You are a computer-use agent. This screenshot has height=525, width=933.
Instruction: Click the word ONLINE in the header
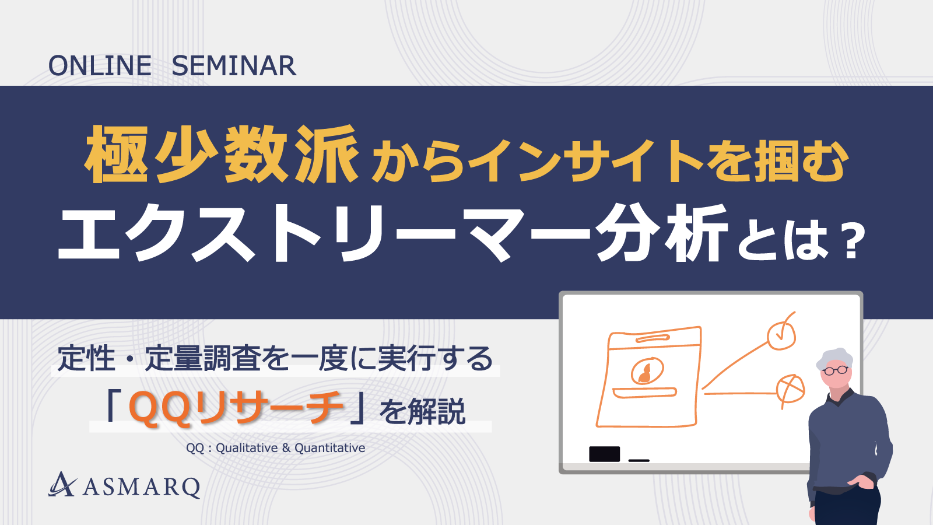coord(100,66)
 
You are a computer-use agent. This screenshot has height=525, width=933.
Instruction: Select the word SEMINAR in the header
coord(234,66)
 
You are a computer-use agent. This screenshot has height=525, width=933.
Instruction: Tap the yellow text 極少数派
coord(222,155)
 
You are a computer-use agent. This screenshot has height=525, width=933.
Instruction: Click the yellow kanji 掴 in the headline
coord(775,161)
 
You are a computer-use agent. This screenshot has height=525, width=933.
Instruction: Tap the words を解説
coord(423,412)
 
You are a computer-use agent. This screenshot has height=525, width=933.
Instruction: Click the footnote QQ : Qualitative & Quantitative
coord(276,448)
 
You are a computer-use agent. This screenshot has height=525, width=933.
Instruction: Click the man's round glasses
coord(836,370)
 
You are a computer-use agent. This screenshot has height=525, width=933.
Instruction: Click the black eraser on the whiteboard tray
coord(604,454)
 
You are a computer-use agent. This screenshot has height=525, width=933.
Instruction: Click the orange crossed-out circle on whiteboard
coord(790,389)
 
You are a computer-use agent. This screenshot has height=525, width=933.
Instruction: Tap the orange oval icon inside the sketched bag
coord(647,370)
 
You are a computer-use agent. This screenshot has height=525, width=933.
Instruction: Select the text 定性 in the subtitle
coord(87,358)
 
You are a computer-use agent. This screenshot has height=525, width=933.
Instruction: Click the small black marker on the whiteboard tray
coord(639,460)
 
